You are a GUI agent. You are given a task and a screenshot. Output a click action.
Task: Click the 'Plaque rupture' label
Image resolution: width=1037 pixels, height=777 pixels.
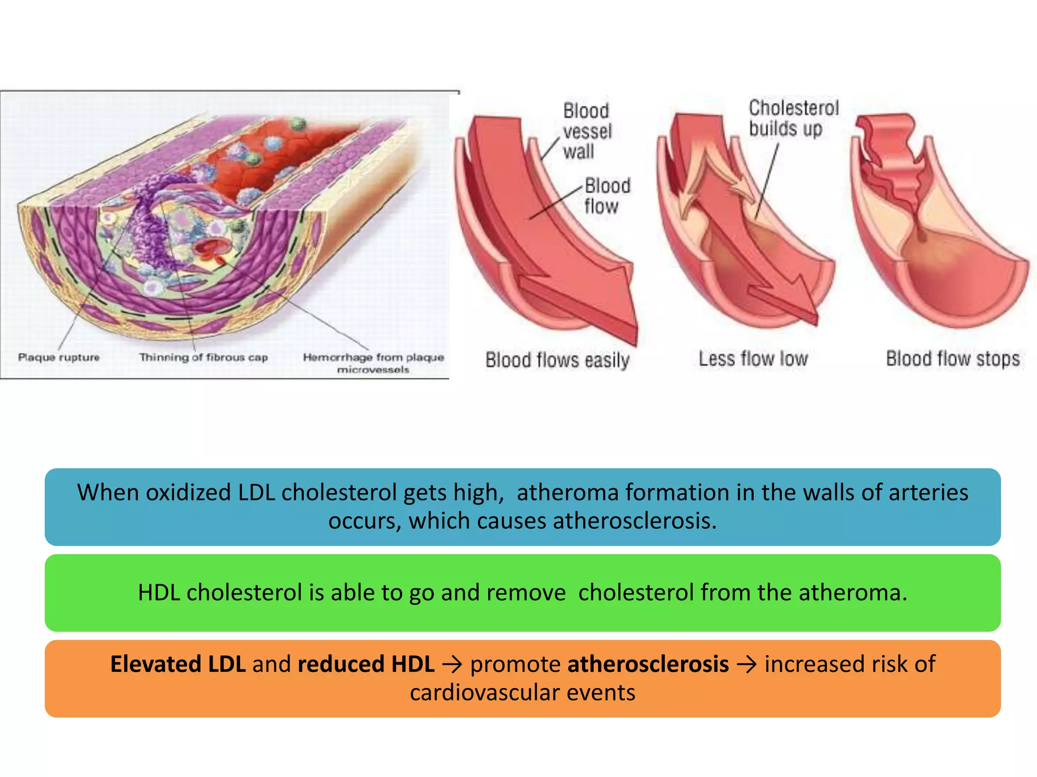(x=59, y=357)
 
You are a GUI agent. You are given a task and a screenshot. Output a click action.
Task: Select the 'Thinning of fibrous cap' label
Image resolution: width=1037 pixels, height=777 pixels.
(x=204, y=357)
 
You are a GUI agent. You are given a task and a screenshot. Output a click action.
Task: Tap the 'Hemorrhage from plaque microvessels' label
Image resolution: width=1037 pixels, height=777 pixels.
(x=373, y=363)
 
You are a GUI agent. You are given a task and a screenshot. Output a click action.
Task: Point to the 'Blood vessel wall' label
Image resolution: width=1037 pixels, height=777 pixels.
(x=587, y=131)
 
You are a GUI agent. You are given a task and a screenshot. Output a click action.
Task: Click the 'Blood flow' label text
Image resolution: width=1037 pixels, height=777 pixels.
(x=607, y=196)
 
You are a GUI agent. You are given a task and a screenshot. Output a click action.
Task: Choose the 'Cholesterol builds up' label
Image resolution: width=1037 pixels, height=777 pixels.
(x=793, y=118)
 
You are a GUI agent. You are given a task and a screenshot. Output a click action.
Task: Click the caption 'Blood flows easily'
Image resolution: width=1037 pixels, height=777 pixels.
(x=557, y=360)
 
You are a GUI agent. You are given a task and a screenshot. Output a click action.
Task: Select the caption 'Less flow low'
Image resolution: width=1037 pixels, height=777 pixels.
(x=753, y=359)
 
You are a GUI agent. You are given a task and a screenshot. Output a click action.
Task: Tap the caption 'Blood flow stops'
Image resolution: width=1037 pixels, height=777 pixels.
(x=952, y=359)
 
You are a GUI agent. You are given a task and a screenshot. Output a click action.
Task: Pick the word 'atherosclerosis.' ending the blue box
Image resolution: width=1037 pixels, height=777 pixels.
(x=635, y=521)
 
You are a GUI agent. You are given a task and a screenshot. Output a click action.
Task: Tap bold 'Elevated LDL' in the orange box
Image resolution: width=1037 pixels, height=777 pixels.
(x=178, y=664)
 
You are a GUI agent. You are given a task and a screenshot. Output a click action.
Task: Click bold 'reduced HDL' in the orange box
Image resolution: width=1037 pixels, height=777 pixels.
(x=366, y=664)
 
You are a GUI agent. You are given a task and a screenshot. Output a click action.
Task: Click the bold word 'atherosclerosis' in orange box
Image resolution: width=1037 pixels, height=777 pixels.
(x=648, y=664)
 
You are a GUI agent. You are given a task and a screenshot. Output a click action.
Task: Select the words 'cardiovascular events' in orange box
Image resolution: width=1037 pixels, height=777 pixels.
(x=522, y=693)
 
